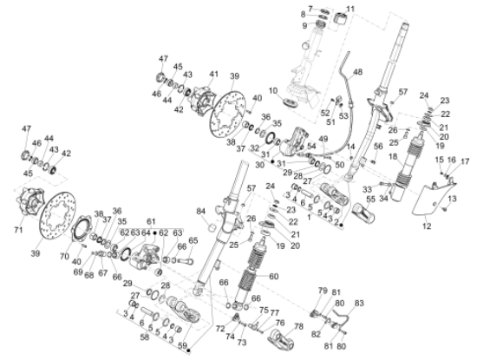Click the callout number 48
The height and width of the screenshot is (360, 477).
click(359, 72)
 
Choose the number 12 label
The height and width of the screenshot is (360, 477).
click(425, 226)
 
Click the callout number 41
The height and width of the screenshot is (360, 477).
click(212, 75)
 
